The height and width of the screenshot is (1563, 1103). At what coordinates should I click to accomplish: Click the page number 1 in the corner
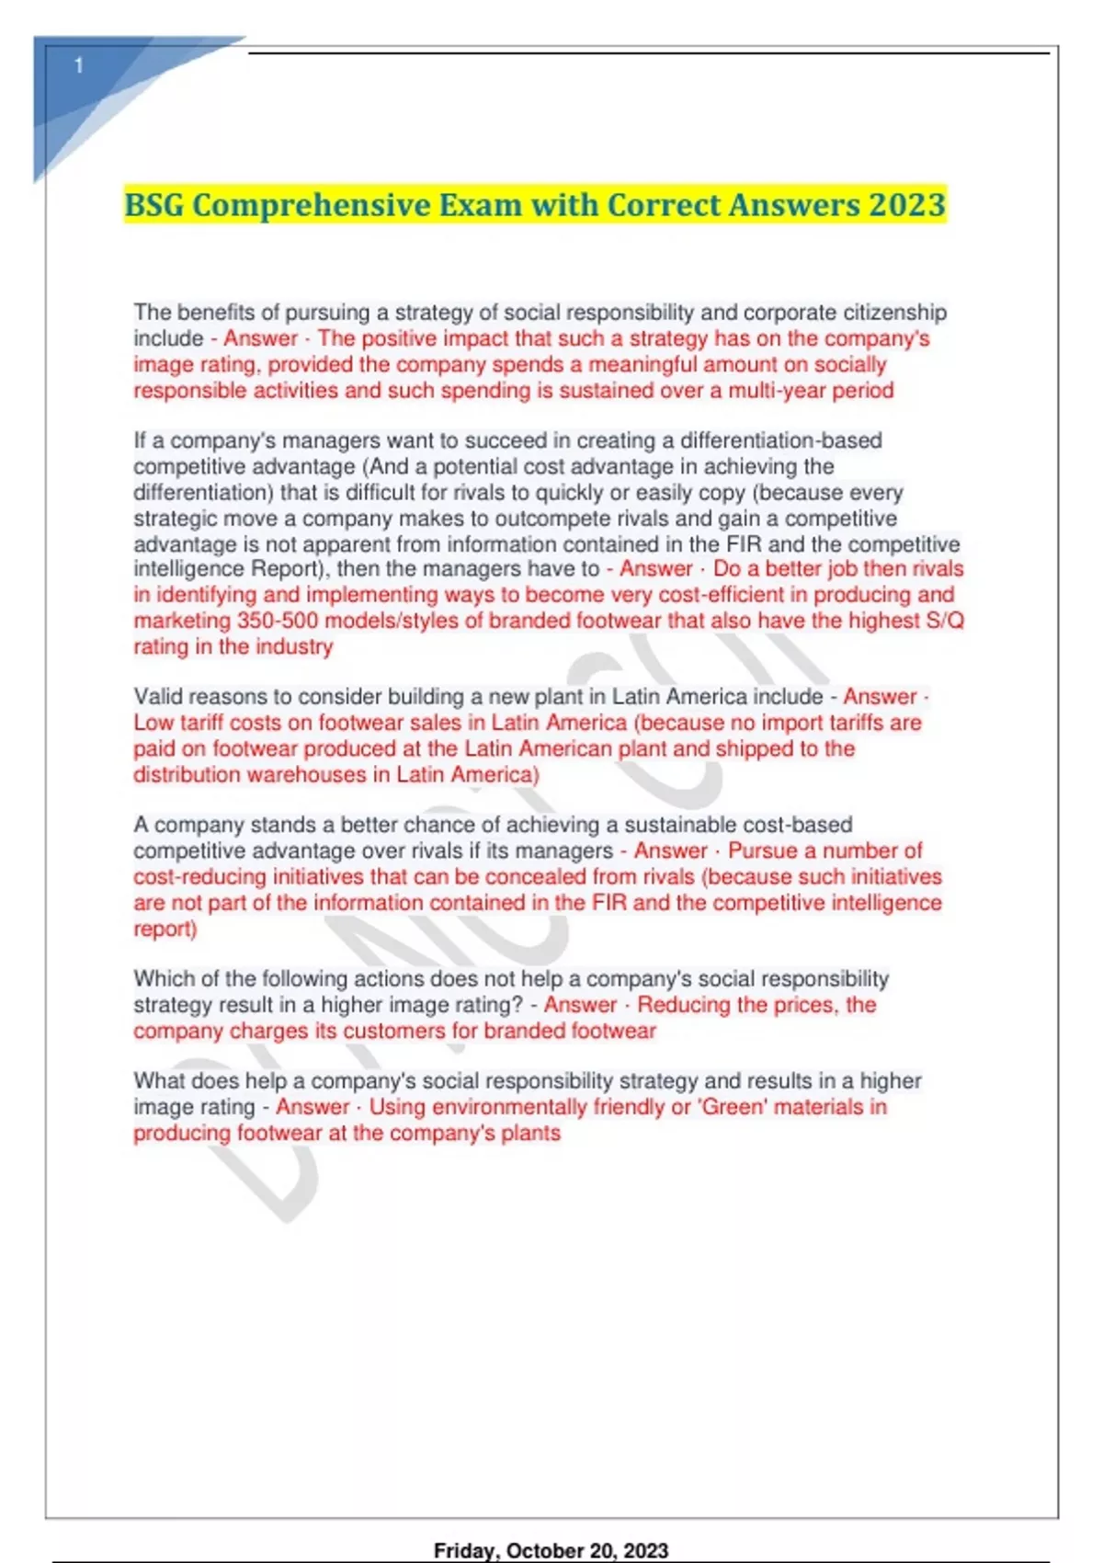click(x=79, y=65)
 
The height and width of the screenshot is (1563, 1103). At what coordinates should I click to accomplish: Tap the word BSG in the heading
click(x=154, y=204)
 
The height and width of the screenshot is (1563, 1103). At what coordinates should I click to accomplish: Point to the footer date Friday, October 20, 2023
click(x=551, y=1550)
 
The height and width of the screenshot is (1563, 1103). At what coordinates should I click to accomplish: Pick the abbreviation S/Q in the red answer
click(x=945, y=621)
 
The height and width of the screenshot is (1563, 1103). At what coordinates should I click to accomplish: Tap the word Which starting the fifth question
click(x=163, y=978)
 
